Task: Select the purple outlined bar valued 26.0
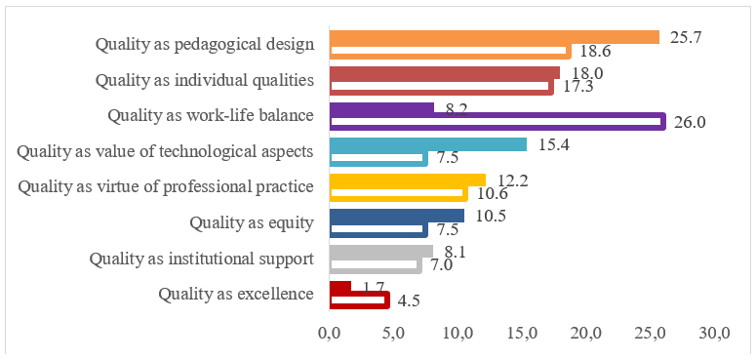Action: [497, 122]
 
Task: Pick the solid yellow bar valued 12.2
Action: [408, 180]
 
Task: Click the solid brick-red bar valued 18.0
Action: [445, 73]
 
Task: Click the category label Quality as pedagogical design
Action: [204, 44]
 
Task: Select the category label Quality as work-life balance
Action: [210, 115]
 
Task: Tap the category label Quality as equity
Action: [252, 222]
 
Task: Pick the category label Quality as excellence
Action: [235, 294]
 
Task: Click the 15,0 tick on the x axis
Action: [522, 334]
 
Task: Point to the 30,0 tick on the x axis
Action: [715, 334]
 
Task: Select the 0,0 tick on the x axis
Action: [329, 334]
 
